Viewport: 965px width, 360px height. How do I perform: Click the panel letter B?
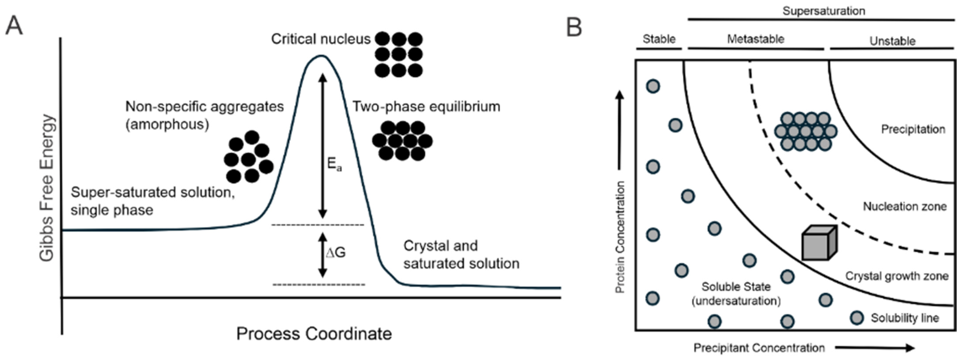(x=574, y=27)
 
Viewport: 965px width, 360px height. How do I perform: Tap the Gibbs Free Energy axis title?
(x=47, y=187)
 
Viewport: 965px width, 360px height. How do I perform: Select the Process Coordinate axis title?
(x=314, y=333)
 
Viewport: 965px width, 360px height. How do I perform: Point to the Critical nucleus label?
(x=321, y=39)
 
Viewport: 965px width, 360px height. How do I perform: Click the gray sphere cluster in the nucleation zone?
(x=805, y=131)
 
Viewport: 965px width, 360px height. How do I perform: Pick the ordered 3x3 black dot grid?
(x=399, y=55)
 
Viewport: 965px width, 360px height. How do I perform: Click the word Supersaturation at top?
(x=823, y=11)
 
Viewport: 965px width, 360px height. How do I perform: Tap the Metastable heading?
(x=756, y=39)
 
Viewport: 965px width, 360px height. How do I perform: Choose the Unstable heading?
(x=892, y=41)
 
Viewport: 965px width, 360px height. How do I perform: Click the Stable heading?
(x=659, y=39)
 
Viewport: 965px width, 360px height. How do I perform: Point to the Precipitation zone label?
(x=913, y=129)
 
